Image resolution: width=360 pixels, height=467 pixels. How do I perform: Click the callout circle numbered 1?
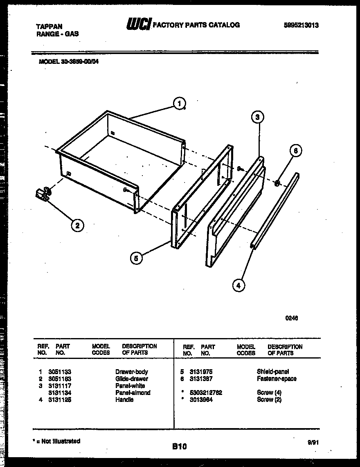click(x=179, y=104)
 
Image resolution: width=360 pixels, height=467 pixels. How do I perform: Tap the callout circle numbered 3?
click(x=257, y=117)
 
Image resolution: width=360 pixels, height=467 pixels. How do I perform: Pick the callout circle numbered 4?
click(x=239, y=285)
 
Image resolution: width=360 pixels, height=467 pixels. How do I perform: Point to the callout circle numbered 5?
click(x=136, y=258)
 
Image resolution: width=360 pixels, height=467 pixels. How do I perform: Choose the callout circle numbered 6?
click(x=295, y=151)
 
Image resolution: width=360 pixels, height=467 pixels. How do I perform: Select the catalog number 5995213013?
click(x=301, y=25)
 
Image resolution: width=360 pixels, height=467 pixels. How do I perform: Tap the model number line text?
click(x=68, y=62)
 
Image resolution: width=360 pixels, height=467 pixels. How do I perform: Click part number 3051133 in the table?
click(x=60, y=372)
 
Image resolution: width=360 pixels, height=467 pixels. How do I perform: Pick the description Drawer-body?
click(x=131, y=372)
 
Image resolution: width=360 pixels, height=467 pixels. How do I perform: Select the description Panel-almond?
click(x=133, y=393)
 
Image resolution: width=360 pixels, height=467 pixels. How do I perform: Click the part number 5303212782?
click(x=206, y=393)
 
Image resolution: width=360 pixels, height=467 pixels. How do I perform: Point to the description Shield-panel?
click(x=272, y=372)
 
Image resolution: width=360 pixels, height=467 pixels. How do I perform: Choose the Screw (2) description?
click(x=269, y=399)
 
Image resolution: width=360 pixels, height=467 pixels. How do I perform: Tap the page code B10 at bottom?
click(x=179, y=447)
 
